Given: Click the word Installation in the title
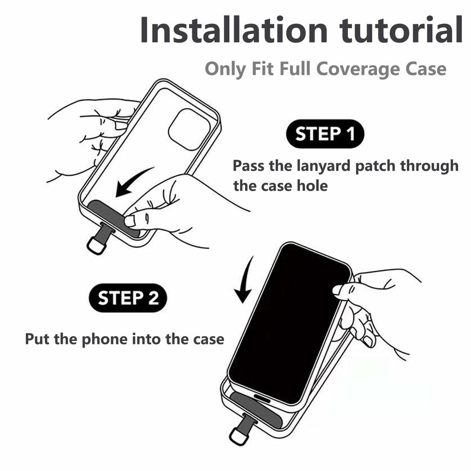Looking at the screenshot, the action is pyautogui.click(x=234, y=29).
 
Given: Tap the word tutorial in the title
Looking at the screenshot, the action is pyautogui.click(x=401, y=29).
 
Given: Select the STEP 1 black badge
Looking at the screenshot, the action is pyautogui.click(x=325, y=134).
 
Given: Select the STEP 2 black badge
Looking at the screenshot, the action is pyautogui.click(x=128, y=298).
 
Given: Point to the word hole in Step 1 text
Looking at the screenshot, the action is pyautogui.click(x=312, y=186).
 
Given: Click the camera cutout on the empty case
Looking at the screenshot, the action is pyautogui.click(x=189, y=129).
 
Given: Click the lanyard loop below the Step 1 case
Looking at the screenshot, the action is pyautogui.click(x=97, y=245).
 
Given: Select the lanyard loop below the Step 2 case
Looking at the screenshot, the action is pyautogui.click(x=239, y=436).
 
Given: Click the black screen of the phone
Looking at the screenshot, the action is pyautogui.click(x=288, y=323).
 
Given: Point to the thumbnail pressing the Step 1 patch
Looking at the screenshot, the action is pyautogui.click(x=130, y=221).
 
